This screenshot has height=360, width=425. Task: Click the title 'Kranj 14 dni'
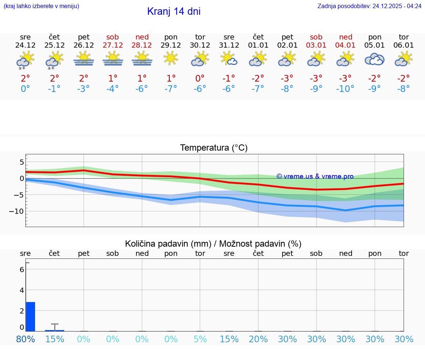pos(174,11)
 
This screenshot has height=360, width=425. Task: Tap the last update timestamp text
pos(369,6)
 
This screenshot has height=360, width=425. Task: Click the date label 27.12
pos(113,45)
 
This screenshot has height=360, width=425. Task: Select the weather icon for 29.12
pos(171,58)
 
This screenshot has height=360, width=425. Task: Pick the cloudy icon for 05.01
pos(374,59)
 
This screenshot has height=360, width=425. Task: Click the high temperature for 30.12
pos(200,79)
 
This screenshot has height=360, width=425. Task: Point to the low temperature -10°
pos(345,89)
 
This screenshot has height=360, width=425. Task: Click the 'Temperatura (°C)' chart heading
pos(214,148)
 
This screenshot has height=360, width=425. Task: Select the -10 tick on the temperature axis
pos(17,211)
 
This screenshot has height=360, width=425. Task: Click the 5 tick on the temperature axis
pos(22,162)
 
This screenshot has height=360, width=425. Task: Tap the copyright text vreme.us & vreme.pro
pos(315,176)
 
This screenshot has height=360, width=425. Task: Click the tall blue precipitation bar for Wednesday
pos(31,316)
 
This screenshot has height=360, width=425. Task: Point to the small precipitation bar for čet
pos(55,330)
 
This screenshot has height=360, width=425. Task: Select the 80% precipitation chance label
pos(25,339)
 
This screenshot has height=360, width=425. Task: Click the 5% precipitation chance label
pos(200,339)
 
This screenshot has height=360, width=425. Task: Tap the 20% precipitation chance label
pos(258,339)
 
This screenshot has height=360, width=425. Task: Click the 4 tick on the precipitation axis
pos(22,290)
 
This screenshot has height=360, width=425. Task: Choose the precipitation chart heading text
pos(213,244)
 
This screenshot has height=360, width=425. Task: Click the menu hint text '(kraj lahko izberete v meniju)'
pos(41,6)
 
